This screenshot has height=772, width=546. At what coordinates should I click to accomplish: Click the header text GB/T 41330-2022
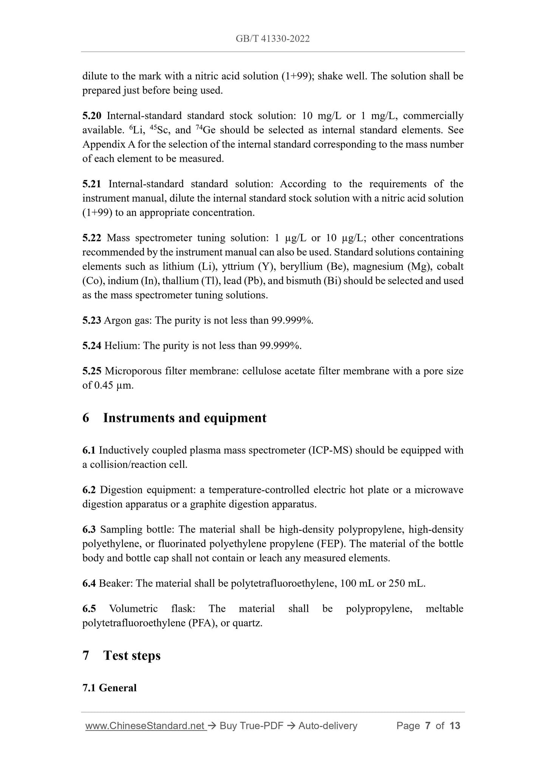[x=272, y=39]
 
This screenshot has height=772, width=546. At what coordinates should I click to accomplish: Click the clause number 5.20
[x=91, y=116]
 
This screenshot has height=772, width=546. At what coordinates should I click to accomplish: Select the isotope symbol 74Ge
[x=206, y=130]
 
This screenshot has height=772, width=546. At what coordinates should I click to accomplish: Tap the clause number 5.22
[x=91, y=238]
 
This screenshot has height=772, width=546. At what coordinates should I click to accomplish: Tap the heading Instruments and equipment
[x=184, y=418]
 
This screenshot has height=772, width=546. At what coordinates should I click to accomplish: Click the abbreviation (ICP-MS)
[x=330, y=450]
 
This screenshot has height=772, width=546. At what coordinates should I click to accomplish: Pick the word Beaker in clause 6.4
[x=115, y=584]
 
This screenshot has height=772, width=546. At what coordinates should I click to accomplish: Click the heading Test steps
[x=131, y=656]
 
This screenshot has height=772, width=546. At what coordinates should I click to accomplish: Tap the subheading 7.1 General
[x=109, y=688]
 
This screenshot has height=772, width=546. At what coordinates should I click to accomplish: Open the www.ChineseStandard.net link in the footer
[x=145, y=726]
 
